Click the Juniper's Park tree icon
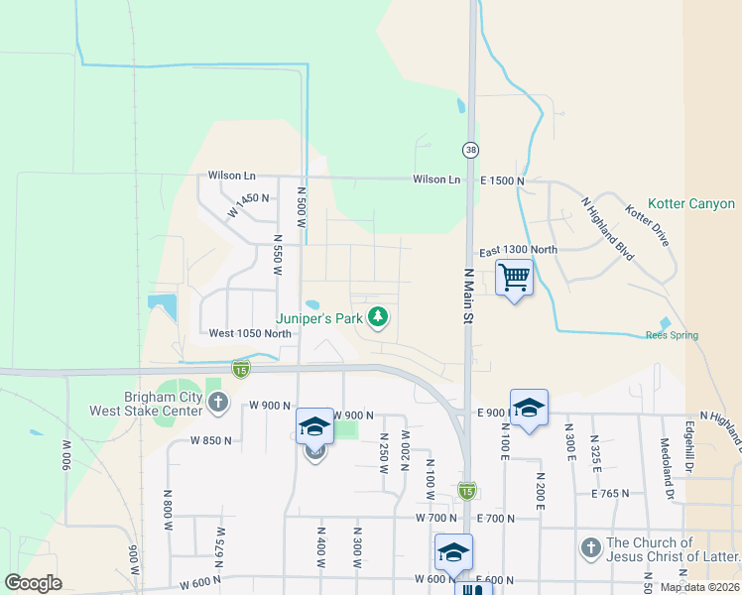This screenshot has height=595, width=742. [x=378, y=317]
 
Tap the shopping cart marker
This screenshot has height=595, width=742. [x=515, y=277]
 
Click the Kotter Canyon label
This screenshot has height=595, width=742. [x=691, y=204]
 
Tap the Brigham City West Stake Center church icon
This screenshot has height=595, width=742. [x=218, y=403]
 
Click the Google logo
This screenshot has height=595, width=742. [x=33, y=583]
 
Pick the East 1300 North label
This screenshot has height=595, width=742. [x=518, y=250]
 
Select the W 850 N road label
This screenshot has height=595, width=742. [x=212, y=439]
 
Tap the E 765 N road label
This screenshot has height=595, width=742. [x=611, y=493]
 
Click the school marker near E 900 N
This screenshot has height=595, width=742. [x=529, y=408]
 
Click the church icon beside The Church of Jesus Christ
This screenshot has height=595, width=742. [x=590, y=547]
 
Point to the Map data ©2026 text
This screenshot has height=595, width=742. [x=699, y=587]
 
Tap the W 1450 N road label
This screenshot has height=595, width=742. [x=248, y=204]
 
